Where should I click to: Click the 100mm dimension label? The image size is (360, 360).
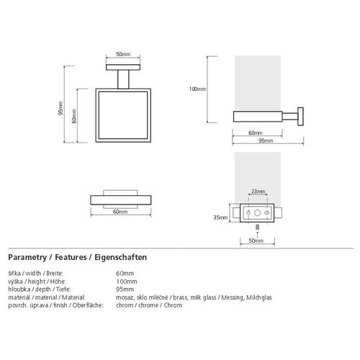[197, 89]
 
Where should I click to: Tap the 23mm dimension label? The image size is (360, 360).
[258, 192]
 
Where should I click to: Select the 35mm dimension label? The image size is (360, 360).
[220, 217]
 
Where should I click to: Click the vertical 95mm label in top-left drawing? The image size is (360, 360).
[60, 108]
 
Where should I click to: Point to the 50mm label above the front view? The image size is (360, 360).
[123, 54]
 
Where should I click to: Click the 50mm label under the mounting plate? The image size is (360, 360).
[256, 240]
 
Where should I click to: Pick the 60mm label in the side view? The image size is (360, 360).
[256, 133]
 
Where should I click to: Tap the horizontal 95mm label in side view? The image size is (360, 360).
[266, 140]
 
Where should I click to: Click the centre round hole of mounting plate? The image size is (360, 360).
[257, 213]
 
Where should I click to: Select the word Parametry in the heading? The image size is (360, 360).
[27, 257]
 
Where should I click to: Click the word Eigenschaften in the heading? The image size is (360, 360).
[120, 257]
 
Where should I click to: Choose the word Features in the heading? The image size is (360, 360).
[71, 257]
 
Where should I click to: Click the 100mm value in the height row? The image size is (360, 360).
[127, 282]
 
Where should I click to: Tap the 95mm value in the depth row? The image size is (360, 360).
[125, 289]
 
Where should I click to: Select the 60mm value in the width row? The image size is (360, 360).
[125, 274]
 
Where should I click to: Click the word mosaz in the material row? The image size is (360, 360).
[125, 297]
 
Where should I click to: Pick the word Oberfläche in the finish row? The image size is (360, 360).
[88, 305]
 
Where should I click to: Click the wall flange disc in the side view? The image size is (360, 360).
[300, 117]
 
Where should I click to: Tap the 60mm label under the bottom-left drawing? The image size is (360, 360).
[120, 212]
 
